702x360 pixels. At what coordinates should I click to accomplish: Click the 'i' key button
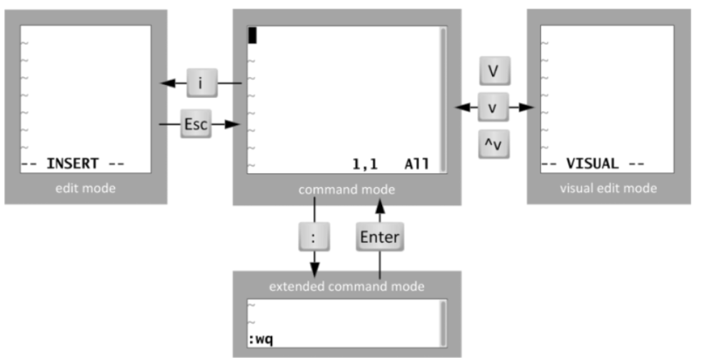[x=201, y=84]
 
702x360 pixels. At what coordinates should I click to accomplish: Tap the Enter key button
[x=380, y=236]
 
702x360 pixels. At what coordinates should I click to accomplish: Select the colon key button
[x=314, y=236]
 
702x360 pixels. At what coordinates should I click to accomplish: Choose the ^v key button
[x=493, y=145]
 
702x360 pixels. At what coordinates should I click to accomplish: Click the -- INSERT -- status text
[x=73, y=164]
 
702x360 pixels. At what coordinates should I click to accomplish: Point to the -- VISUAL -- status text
[x=593, y=164]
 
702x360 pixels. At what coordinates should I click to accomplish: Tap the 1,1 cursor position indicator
[x=364, y=164]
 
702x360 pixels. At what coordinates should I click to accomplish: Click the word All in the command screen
[x=416, y=164]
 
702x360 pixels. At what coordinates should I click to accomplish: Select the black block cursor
[x=252, y=34]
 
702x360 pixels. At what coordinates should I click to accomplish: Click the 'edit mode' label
[x=85, y=189]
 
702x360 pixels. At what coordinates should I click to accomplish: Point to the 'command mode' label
[x=346, y=190]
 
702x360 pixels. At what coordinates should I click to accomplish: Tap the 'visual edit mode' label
[x=608, y=189]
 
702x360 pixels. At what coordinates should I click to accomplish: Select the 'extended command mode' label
[x=346, y=286]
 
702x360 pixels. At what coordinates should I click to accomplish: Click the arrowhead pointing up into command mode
[x=380, y=205]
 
